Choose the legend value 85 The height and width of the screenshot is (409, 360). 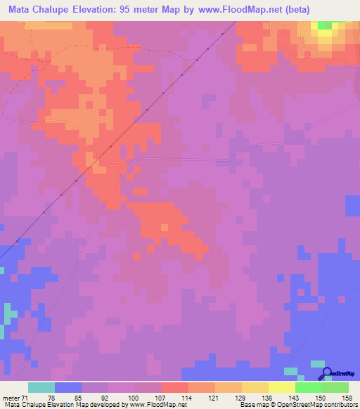click(x=78, y=398)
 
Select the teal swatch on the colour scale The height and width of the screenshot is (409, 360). click(x=41, y=387)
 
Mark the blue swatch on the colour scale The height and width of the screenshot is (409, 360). click(x=67, y=387)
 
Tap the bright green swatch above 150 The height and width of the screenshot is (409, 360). click(x=308, y=387)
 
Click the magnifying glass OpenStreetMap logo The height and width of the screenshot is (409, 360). click(x=327, y=374)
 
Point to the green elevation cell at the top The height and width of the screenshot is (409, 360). click(x=324, y=25)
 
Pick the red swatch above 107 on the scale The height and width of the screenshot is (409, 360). click(x=174, y=387)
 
